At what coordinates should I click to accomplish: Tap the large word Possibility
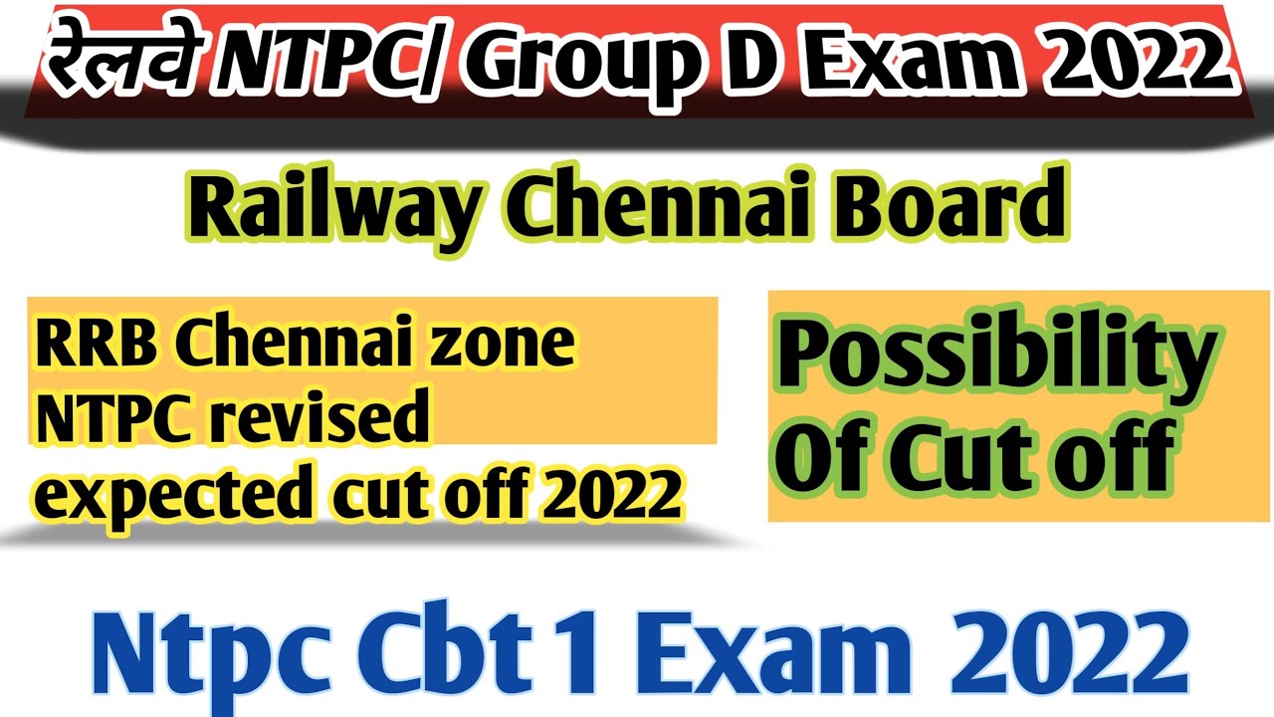pyautogui.click(x=995, y=360)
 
